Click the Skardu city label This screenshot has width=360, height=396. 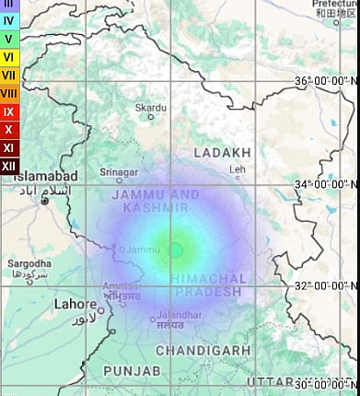[151, 108]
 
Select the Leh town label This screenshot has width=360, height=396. [238, 169]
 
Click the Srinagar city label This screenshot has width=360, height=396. [118, 172]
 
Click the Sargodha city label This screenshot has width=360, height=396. [29, 263]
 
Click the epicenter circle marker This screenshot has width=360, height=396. [175, 250]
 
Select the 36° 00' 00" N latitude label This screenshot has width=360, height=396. [326, 81]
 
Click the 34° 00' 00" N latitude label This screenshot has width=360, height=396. [326, 184]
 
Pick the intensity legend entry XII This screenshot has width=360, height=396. [8, 165]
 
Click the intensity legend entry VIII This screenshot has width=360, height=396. [8, 93]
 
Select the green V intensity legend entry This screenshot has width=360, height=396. [8, 39]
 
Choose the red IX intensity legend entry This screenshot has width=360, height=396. [8, 111]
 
